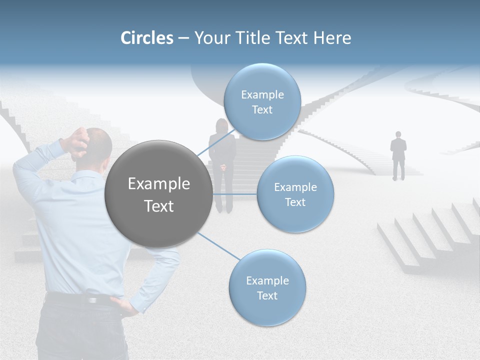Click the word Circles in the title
(147, 38)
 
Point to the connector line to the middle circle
(235, 193)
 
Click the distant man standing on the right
(398, 155)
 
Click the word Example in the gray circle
(158, 184)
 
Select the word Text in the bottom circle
(267, 295)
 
